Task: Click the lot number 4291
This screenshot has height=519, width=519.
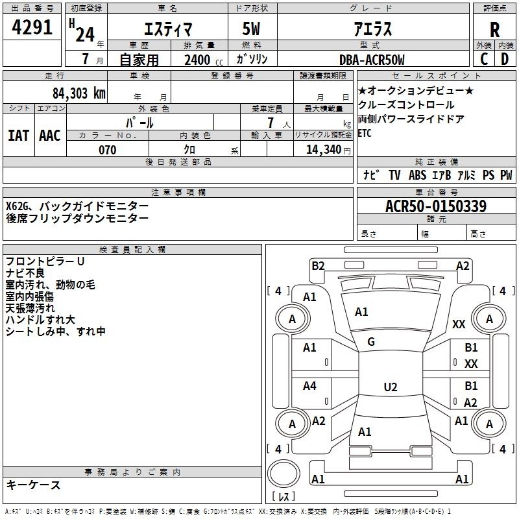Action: coord(32,27)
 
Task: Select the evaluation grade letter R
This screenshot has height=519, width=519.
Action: coord(494,30)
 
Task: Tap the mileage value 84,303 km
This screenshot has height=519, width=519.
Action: coord(78,93)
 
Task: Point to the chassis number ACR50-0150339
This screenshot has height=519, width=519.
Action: coord(436,206)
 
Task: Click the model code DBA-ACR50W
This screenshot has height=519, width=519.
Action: coord(372,60)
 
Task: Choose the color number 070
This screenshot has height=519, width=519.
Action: coord(107,150)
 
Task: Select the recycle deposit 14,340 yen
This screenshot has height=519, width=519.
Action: coord(328,150)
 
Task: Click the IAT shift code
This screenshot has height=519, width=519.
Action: coord(18,136)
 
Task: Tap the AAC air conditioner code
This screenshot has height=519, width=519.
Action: coord(50,136)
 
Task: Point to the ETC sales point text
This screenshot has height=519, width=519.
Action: coord(365,133)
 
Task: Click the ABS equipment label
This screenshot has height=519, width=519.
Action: coord(417,175)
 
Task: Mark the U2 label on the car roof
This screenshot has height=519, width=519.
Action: coord(391,387)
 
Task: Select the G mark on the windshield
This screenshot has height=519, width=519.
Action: coord(371,342)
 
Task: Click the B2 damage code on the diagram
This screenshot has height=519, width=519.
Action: coord(318,266)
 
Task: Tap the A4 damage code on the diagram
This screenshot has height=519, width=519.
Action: coord(309,385)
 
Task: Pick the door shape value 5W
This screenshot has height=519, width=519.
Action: coord(251,29)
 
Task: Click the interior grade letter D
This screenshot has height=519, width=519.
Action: coord(505,59)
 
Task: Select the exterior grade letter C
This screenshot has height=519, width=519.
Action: coord(484,59)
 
